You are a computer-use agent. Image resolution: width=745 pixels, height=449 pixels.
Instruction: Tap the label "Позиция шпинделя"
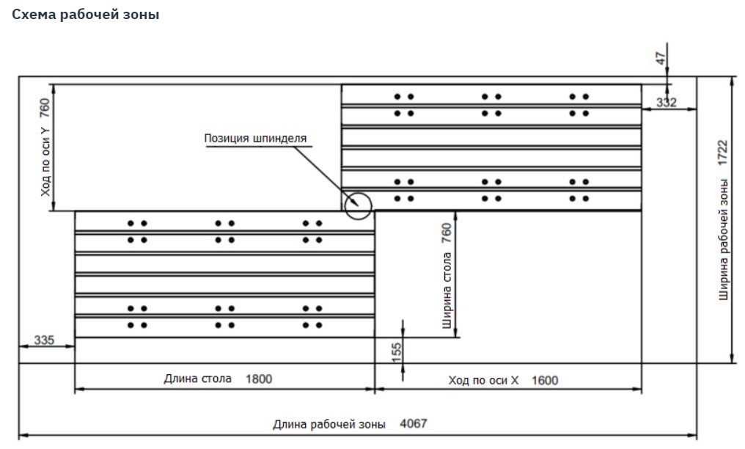pos(255,137)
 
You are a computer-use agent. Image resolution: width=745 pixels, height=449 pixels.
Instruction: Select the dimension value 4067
pos(414,423)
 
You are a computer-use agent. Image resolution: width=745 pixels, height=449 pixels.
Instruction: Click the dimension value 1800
pos(259,379)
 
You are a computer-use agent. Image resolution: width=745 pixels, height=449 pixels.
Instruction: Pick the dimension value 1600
pos(544,380)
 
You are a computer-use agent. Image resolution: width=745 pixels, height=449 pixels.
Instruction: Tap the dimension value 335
pos(45,340)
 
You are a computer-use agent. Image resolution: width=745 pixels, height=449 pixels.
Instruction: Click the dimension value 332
pos(666,103)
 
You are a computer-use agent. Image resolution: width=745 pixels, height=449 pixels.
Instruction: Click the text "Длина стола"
pos(197,379)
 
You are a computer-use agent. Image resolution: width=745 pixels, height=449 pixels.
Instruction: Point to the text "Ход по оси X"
pos(483,380)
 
